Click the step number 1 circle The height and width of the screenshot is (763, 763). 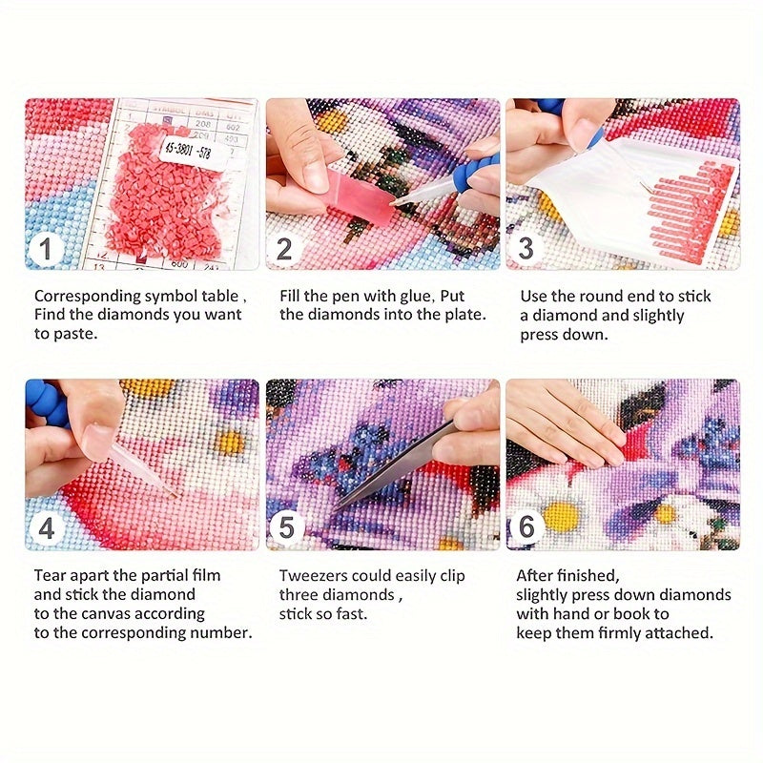click(45, 249)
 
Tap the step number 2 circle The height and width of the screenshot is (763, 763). click(284, 249)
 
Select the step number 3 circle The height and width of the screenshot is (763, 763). click(525, 248)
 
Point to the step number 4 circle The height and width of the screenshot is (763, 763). click(46, 528)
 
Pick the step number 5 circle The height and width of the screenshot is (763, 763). click(286, 527)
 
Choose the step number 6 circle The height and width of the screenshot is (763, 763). click(526, 526)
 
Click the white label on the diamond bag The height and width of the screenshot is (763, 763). click(187, 152)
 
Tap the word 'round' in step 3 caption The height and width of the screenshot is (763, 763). click(598, 297)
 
